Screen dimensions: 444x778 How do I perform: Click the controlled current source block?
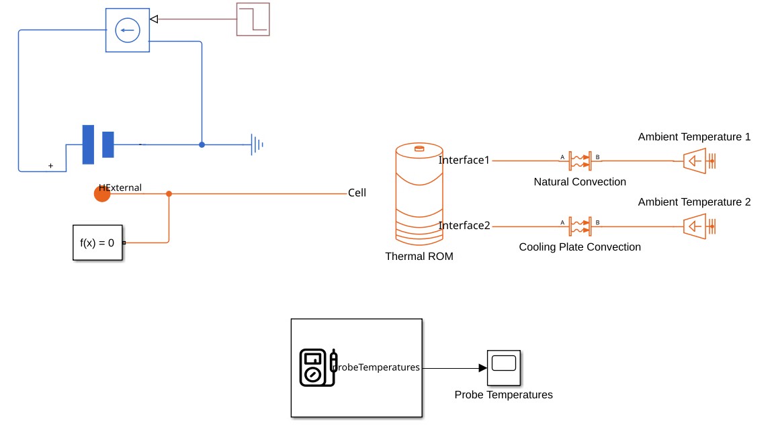click(x=127, y=30)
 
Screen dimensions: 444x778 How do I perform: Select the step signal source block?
click(x=253, y=19)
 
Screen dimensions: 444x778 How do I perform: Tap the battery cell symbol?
click(x=97, y=144)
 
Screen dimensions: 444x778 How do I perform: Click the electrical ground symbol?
click(x=256, y=144)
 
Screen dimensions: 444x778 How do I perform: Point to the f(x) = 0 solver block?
click(x=97, y=242)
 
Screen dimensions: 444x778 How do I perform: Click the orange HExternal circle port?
click(x=102, y=193)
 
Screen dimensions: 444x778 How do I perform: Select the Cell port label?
click(x=357, y=193)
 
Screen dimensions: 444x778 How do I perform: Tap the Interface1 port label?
click(x=464, y=161)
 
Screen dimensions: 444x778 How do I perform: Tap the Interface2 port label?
click(x=464, y=226)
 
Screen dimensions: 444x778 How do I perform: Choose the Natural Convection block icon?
click(x=580, y=161)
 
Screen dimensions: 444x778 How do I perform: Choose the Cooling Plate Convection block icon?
click(x=580, y=226)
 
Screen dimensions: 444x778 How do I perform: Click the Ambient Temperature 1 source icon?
click(x=698, y=161)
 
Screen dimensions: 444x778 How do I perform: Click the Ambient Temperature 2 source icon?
click(x=698, y=226)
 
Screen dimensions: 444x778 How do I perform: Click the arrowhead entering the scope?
click(x=482, y=368)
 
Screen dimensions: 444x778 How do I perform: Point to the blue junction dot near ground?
click(x=202, y=144)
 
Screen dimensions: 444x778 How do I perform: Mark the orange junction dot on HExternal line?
click(x=169, y=193)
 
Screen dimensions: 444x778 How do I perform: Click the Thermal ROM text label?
click(x=419, y=257)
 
